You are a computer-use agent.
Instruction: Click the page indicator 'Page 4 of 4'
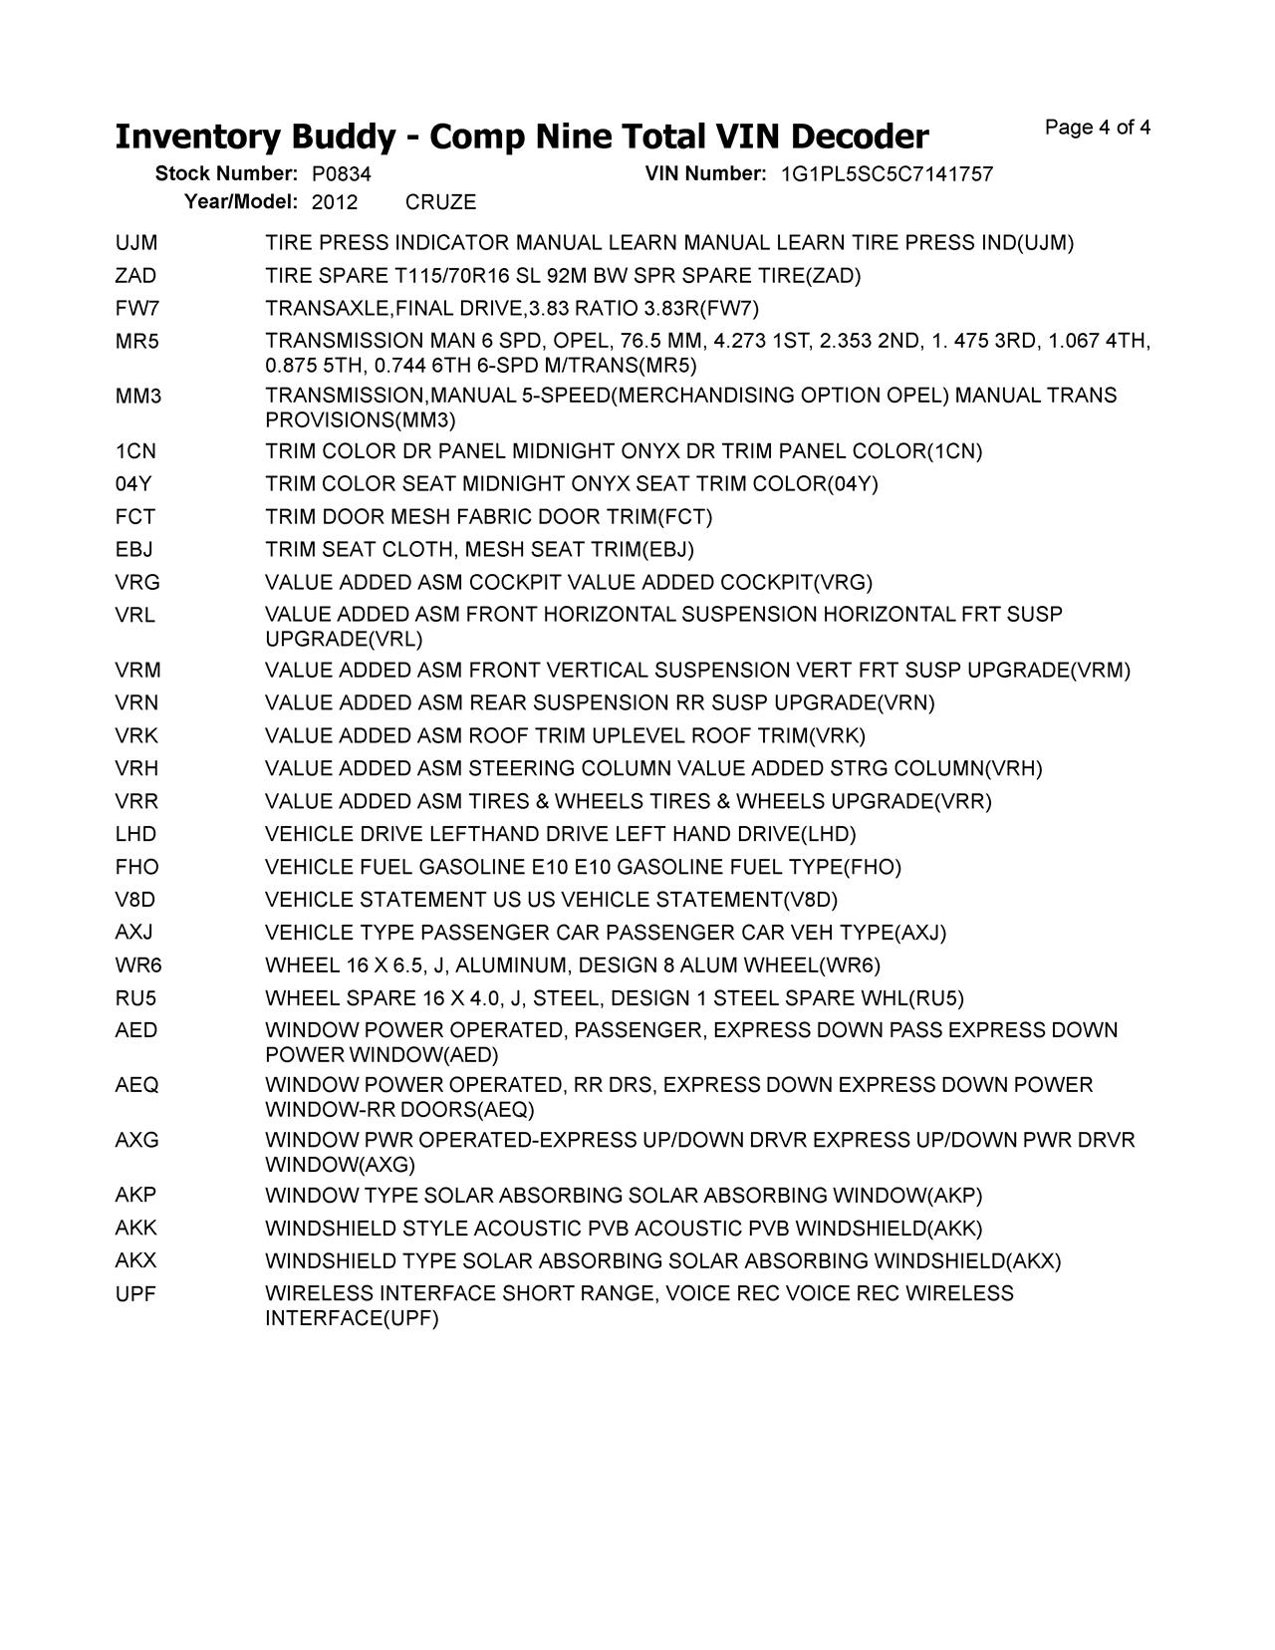(x=1098, y=128)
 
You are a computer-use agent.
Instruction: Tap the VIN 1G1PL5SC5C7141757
(x=887, y=174)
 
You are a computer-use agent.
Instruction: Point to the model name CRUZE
(x=441, y=202)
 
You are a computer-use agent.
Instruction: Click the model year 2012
(x=335, y=202)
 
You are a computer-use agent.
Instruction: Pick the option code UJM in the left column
(x=136, y=243)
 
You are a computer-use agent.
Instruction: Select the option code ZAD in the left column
(x=135, y=276)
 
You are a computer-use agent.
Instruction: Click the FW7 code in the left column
(x=137, y=309)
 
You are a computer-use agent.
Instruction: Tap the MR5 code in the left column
(x=137, y=342)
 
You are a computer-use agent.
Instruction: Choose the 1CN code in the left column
(x=135, y=451)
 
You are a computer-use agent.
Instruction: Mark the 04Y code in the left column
(x=133, y=484)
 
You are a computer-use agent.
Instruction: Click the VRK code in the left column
(x=136, y=736)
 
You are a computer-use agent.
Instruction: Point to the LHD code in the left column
(x=135, y=834)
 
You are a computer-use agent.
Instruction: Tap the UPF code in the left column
(x=135, y=1294)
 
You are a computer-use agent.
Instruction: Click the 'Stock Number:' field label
(x=226, y=174)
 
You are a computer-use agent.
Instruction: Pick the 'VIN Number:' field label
(x=705, y=174)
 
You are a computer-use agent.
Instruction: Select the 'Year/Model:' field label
(x=241, y=202)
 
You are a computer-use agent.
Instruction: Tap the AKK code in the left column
(x=135, y=1229)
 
